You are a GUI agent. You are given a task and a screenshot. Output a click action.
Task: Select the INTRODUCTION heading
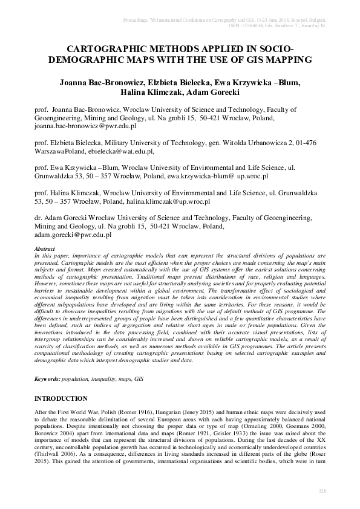pyautogui.click(x=61, y=399)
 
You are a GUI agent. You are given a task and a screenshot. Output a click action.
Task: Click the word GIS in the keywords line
pyautogui.click(x=139, y=377)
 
